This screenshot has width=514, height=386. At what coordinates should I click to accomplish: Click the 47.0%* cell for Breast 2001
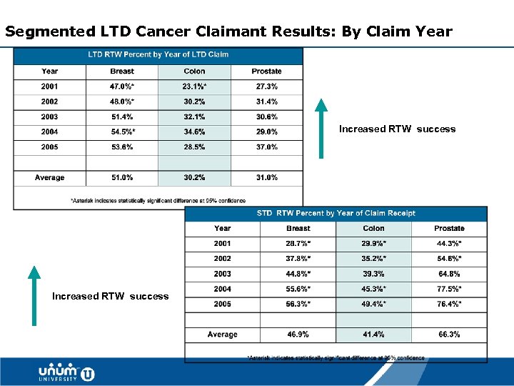(122, 86)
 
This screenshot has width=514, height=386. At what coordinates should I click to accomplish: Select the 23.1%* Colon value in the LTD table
(194, 86)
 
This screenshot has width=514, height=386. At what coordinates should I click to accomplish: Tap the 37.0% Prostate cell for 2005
(266, 147)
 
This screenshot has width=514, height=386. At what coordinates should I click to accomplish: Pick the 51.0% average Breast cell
(122, 177)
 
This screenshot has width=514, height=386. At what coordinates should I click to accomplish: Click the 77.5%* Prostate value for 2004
(449, 289)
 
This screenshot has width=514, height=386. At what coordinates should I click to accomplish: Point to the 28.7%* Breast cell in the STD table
(298, 244)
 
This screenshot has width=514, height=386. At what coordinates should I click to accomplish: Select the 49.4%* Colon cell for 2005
(373, 304)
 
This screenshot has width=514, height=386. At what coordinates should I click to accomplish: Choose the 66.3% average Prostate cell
(449, 335)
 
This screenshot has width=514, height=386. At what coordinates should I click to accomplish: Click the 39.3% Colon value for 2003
(373, 274)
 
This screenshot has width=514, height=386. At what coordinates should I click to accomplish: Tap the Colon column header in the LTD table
(194, 71)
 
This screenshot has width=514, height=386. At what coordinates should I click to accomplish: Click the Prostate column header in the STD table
(449, 229)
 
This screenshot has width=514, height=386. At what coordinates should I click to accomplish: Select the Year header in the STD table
(222, 229)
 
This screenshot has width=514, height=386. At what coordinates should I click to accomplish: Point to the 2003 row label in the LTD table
(50, 117)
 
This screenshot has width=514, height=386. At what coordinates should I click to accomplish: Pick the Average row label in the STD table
(222, 335)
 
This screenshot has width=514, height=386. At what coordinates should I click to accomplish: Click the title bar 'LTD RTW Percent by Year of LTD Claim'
(158, 55)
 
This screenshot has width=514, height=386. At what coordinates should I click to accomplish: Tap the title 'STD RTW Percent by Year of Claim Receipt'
(336, 213)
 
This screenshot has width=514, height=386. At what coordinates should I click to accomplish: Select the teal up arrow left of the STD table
(33, 295)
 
